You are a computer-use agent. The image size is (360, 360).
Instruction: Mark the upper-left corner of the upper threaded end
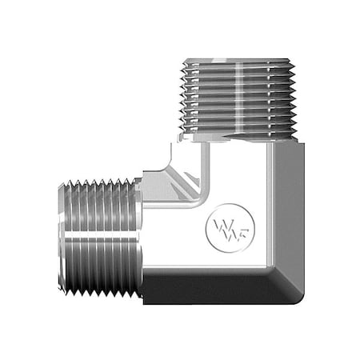click(182, 58)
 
